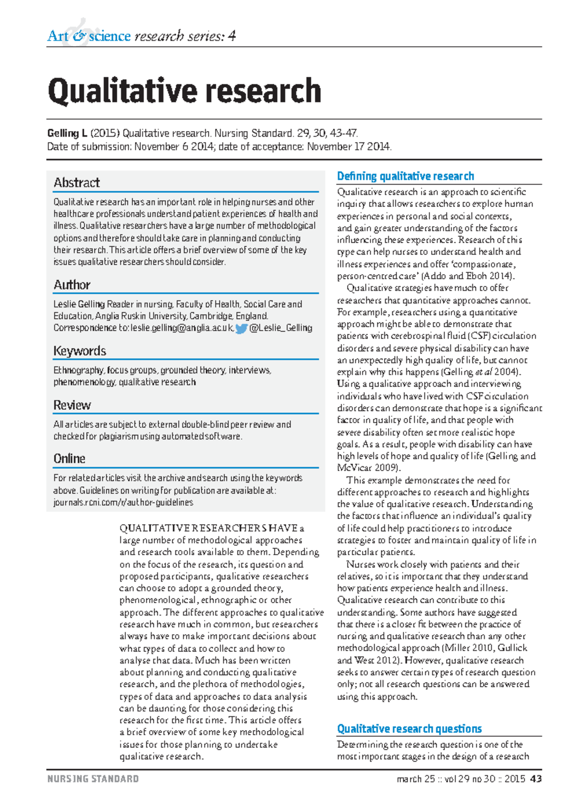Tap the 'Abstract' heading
coord(76,183)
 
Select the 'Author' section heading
coord(71,285)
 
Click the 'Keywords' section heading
coord(80,351)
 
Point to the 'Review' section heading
coord(72,405)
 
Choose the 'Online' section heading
coord(69,459)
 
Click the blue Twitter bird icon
coord(241,328)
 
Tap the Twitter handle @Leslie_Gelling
coord(281,328)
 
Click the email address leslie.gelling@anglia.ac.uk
coord(182,328)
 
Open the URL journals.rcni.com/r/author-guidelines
coord(123,502)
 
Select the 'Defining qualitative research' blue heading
coord(405,176)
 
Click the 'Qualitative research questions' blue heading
coord(409,729)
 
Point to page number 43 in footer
coord(536,779)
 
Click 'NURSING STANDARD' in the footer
coord(93,779)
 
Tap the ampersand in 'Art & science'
coord(80,36)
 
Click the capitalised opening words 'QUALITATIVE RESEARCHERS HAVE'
coord(208,528)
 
